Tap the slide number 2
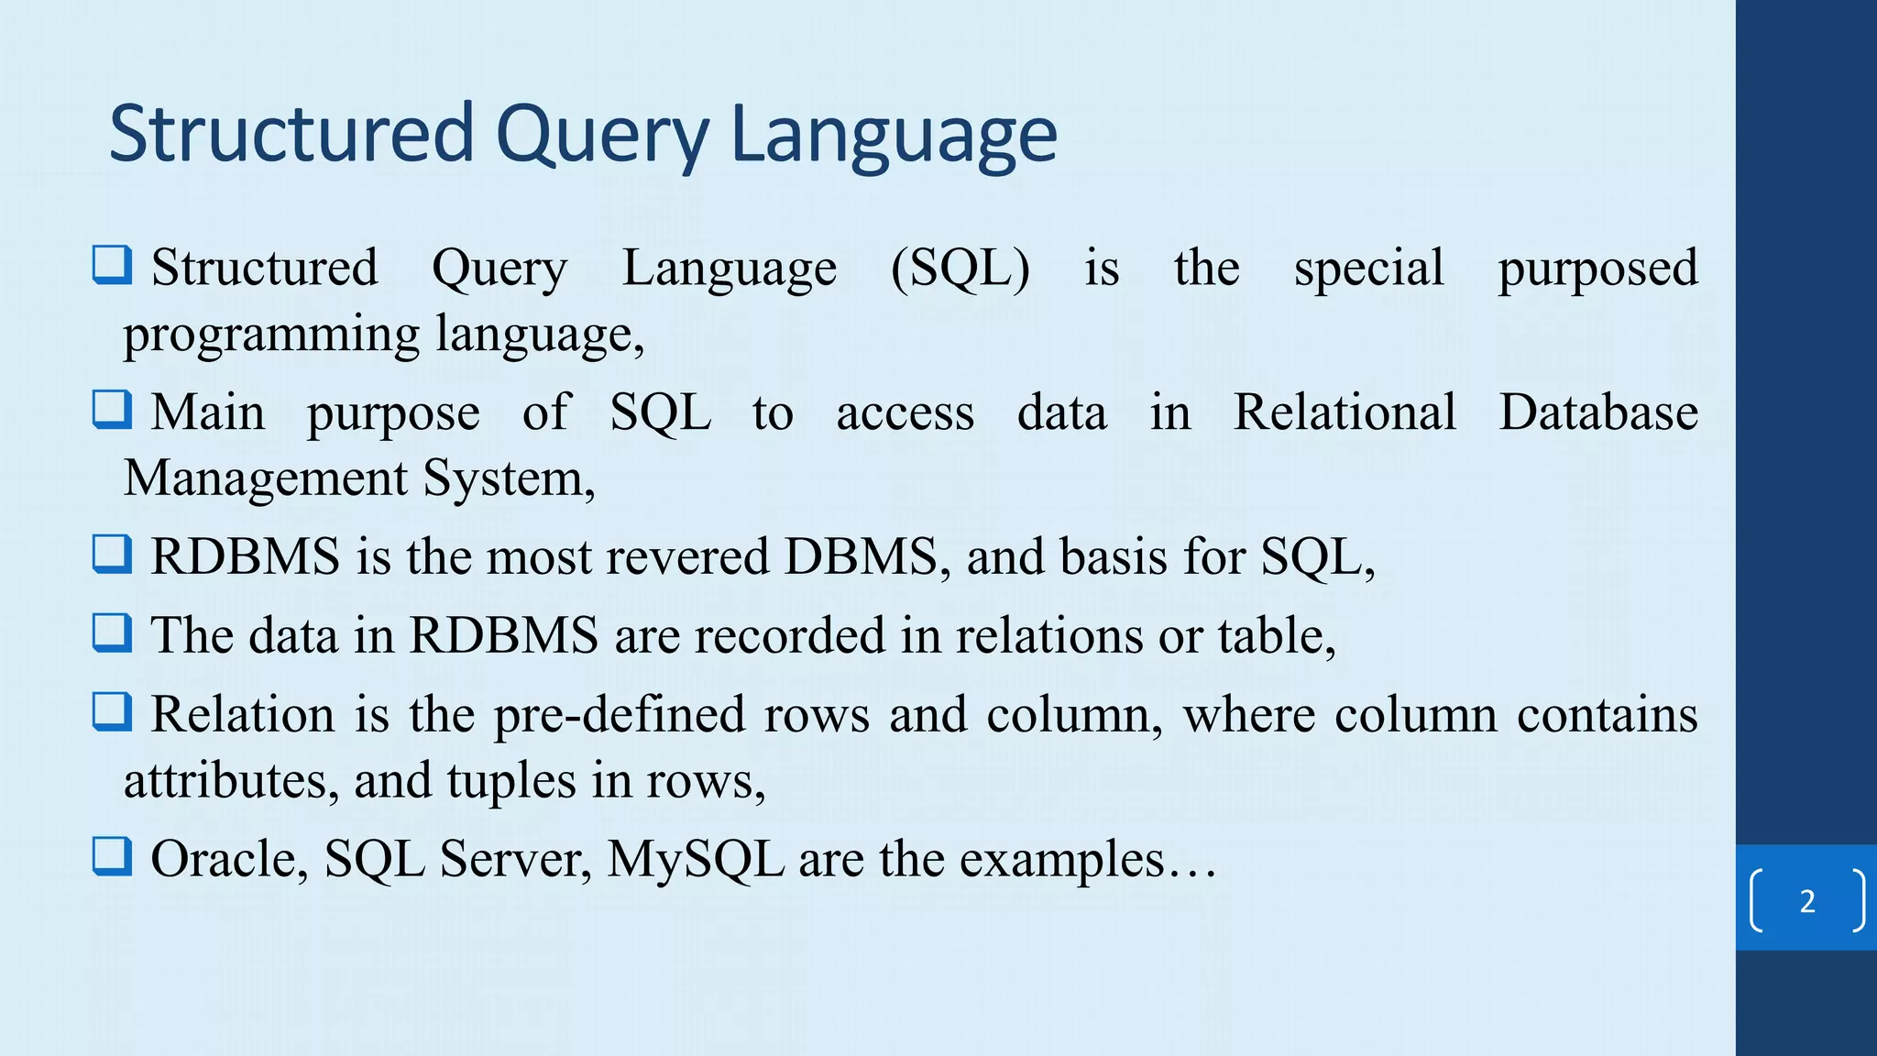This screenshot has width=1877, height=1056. tap(1806, 902)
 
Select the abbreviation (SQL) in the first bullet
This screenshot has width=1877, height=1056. tap(960, 269)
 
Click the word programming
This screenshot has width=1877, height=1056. tap(271, 335)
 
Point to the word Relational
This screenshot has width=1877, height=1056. tap(1344, 412)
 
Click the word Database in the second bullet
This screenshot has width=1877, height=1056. tap(1598, 412)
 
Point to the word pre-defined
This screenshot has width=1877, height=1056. tap(620, 714)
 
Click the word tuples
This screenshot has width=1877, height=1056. tap(511, 781)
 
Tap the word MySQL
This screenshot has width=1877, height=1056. tap(695, 860)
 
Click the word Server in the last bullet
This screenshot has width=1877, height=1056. tap(515, 860)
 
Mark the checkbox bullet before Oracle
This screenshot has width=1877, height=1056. tap(113, 856)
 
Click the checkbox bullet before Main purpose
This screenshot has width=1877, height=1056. tap(113, 409)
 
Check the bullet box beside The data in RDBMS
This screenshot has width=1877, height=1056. tap(113, 632)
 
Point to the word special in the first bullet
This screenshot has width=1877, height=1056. tap(1368, 269)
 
